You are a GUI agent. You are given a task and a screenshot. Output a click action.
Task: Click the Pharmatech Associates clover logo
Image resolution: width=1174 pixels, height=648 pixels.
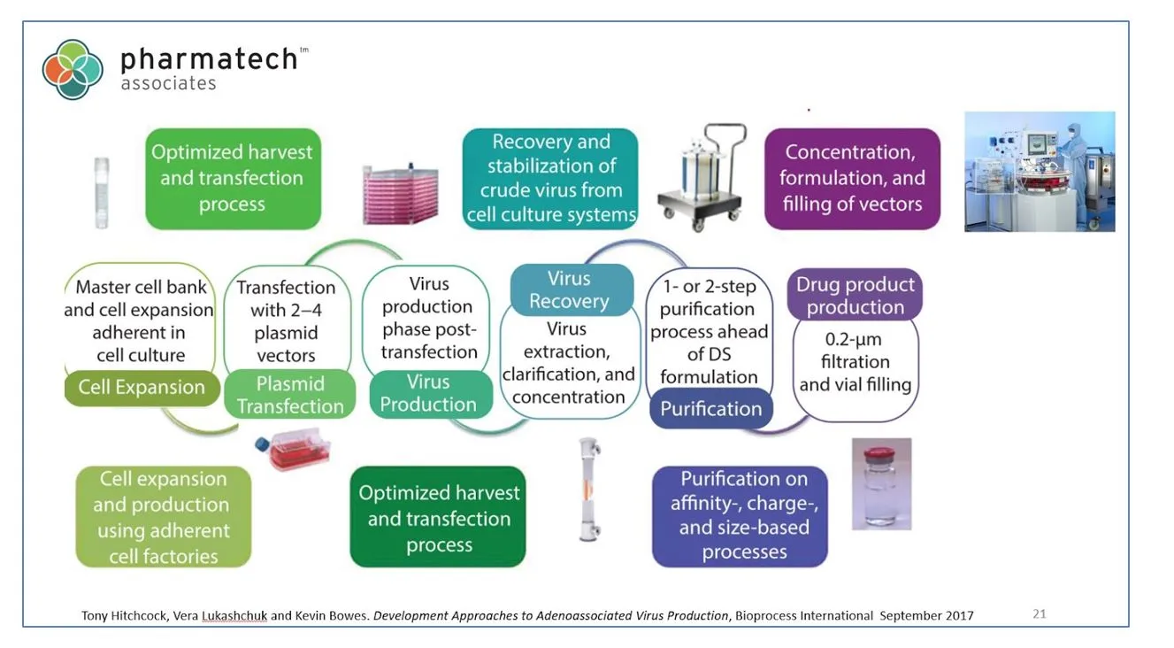(73, 69)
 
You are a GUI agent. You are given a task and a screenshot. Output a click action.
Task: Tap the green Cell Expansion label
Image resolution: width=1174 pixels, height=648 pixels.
(142, 388)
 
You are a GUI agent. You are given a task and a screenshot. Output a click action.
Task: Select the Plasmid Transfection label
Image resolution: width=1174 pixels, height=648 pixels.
(289, 395)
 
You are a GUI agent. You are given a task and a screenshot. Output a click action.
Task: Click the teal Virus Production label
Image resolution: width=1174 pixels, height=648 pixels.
(429, 393)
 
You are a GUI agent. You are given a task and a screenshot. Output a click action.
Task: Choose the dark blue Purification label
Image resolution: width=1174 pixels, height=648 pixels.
(711, 409)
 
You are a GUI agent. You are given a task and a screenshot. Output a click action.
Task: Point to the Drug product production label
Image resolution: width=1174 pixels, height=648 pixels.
(855, 296)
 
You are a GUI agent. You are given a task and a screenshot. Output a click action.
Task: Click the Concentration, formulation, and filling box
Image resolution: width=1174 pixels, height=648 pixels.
(851, 179)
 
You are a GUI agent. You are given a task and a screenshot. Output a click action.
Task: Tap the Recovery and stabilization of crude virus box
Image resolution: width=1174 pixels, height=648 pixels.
(551, 179)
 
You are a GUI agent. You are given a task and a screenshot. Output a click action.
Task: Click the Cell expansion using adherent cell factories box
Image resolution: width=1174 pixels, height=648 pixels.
(164, 517)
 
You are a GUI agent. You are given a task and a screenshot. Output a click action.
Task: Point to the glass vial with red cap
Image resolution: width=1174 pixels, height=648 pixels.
(881, 484)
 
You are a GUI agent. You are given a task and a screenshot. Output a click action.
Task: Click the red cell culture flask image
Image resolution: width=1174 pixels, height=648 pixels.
(293, 451)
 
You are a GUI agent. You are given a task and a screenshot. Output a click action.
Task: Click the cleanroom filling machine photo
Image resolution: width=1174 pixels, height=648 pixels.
(1040, 171)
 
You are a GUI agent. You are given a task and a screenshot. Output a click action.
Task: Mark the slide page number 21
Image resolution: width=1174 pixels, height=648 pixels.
(1040, 613)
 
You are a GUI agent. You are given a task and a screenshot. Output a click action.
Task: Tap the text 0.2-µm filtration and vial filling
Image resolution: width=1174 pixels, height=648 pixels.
(856, 362)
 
